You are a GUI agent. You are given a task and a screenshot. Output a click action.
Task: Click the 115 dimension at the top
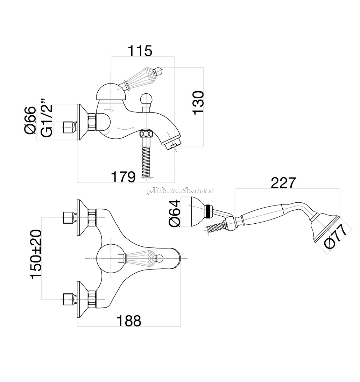(140, 51)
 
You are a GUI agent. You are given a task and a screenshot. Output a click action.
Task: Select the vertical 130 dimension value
(198, 102)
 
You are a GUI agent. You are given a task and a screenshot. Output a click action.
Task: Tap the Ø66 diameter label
(30, 120)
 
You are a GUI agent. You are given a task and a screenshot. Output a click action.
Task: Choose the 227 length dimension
(283, 183)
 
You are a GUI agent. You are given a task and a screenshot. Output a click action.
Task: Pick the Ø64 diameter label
(174, 213)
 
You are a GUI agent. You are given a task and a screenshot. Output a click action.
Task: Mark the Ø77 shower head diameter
(336, 237)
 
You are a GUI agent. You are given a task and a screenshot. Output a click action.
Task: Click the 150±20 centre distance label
(36, 254)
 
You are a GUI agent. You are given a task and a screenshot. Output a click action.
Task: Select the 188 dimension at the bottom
(129, 321)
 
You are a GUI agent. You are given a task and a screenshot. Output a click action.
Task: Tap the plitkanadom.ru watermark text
(180, 190)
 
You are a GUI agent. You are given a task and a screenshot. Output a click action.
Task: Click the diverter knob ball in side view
(146, 99)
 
